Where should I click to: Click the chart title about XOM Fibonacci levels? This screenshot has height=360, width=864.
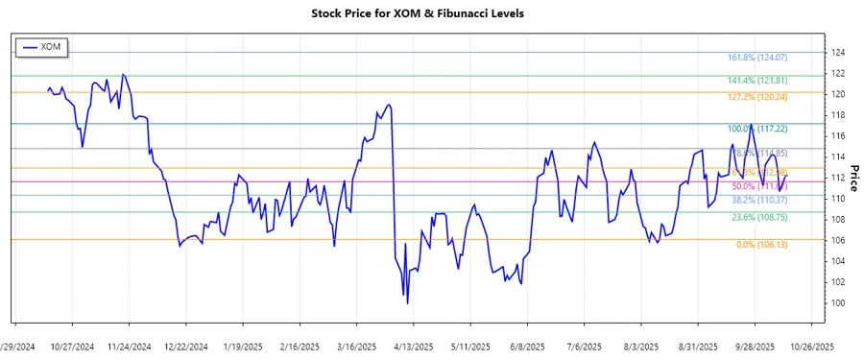[x=431, y=13]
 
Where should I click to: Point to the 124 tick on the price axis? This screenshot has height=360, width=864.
[x=837, y=52]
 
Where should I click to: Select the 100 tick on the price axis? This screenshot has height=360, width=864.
[x=837, y=303]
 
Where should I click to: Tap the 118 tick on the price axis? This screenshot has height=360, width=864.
[x=837, y=115]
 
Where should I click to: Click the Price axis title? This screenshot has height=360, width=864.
[x=853, y=178]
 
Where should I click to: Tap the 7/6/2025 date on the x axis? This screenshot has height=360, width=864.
[x=584, y=347]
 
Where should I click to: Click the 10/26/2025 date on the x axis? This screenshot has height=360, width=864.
[x=811, y=347]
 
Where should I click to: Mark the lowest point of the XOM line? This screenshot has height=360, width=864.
[x=408, y=304]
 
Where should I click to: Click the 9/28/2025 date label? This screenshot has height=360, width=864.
[x=755, y=347]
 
